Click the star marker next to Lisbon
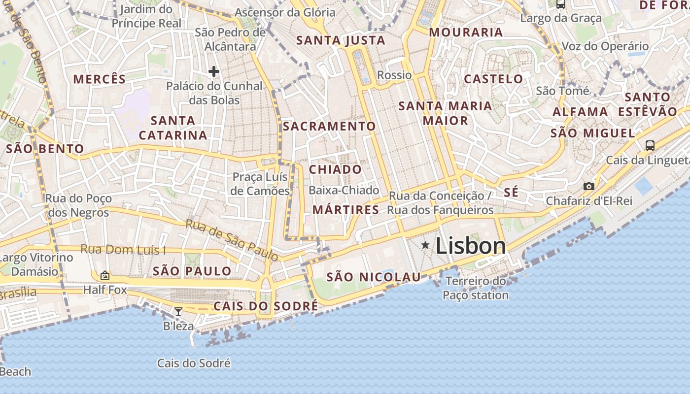click(x=425, y=245)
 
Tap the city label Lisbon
click(x=471, y=246)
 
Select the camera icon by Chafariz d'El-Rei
click(x=588, y=186)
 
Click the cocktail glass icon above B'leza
click(x=178, y=311)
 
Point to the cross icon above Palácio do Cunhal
click(x=213, y=72)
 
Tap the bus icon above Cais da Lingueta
click(x=650, y=145)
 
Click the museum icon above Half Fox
click(x=104, y=275)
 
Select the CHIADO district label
click(x=335, y=169)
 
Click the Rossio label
click(x=394, y=75)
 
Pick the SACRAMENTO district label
click(x=329, y=126)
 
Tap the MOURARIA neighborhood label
click(x=466, y=33)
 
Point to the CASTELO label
click(x=493, y=79)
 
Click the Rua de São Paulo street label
click(x=232, y=240)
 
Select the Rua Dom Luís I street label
click(x=123, y=250)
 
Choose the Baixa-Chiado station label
click(x=344, y=190)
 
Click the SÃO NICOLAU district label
click(x=374, y=277)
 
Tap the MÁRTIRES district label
click(x=346, y=210)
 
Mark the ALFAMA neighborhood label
click(x=580, y=112)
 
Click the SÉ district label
click(x=511, y=193)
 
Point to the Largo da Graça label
click(x=561, y=19)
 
